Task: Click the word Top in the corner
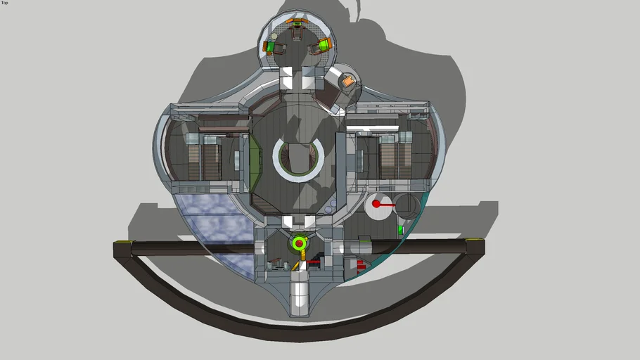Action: tap(4, 2)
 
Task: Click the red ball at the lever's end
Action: tap(376, 204)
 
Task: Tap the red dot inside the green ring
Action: tap(299, 244)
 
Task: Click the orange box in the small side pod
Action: tap(348, 82)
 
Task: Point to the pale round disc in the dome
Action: tap(274, 37)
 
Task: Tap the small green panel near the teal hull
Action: tap(401, 230)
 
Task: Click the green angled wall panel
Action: tap(255, 164)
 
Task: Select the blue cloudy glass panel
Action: tap(215, 229)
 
